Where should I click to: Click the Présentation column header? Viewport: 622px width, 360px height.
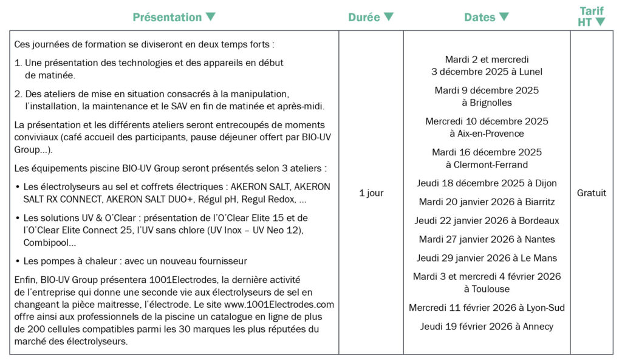point(167,17)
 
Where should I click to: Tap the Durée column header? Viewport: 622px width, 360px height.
point(364,17)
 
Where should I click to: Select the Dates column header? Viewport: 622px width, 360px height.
point(479,17)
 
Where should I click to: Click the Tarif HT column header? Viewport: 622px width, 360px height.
point(591,16)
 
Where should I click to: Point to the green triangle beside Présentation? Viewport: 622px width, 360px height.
point(210,17)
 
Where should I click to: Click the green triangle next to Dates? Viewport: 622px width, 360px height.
point(504,17)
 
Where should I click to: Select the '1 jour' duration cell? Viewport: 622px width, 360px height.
point(371,193)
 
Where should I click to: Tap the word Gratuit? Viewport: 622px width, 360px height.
point(591,193)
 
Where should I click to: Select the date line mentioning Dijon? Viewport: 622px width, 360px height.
point(487,183)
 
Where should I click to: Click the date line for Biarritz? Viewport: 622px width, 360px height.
point(487,202)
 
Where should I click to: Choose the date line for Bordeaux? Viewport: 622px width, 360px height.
point(487,220)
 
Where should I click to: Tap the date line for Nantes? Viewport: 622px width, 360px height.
point(487,239)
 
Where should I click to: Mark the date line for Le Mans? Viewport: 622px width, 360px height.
point(487,258)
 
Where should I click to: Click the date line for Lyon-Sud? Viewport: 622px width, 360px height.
point(487,308)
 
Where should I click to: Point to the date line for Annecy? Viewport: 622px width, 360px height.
point(487,327)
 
